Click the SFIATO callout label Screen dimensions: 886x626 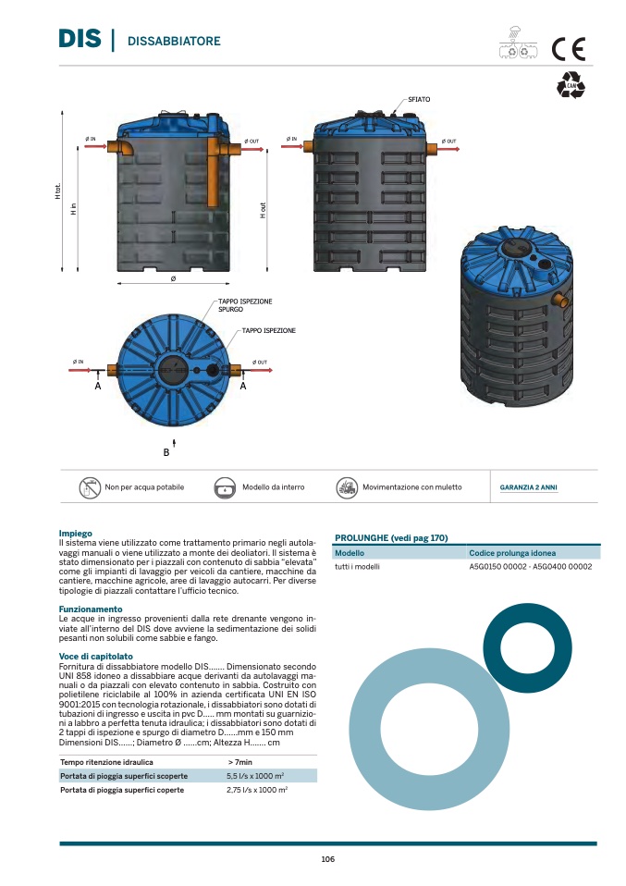pos(419,98)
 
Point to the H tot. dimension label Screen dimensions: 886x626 pos(57,192)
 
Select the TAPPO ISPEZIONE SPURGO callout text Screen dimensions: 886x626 pos(245,306)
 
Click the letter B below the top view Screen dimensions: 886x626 pos(166,452)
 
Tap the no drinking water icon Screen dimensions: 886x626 pos(89,487)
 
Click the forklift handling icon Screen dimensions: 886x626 pos(347,487)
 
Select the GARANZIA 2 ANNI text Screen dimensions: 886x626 pos(528,487)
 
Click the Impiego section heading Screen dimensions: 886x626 pos(74,535)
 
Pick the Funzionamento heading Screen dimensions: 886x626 pos(90,609)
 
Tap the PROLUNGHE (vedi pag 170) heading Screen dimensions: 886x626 pos(390,537)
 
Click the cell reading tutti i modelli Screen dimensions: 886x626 pos(356,567)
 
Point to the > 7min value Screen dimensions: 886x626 pos(239,761)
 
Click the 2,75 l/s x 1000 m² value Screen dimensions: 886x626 pos(256,790)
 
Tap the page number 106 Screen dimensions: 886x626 pos(327,859)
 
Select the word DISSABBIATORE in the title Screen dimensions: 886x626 pos(173,42)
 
